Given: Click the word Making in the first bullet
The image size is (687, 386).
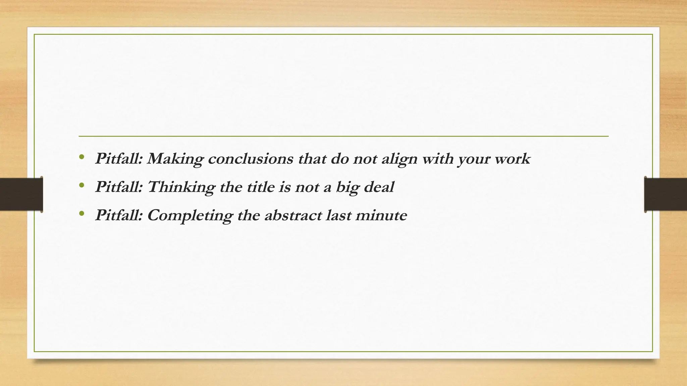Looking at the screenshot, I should [175, 159].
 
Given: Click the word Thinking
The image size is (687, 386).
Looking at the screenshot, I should [181, 187].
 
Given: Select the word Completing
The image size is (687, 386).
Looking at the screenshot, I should [190, 215].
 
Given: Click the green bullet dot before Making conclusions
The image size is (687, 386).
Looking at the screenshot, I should [81, 157].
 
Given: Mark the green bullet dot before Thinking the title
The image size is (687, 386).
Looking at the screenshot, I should [81, 185].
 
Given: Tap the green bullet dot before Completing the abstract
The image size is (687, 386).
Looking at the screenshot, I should [81, 213].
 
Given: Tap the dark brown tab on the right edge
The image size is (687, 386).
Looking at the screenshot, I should [666, 194].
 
